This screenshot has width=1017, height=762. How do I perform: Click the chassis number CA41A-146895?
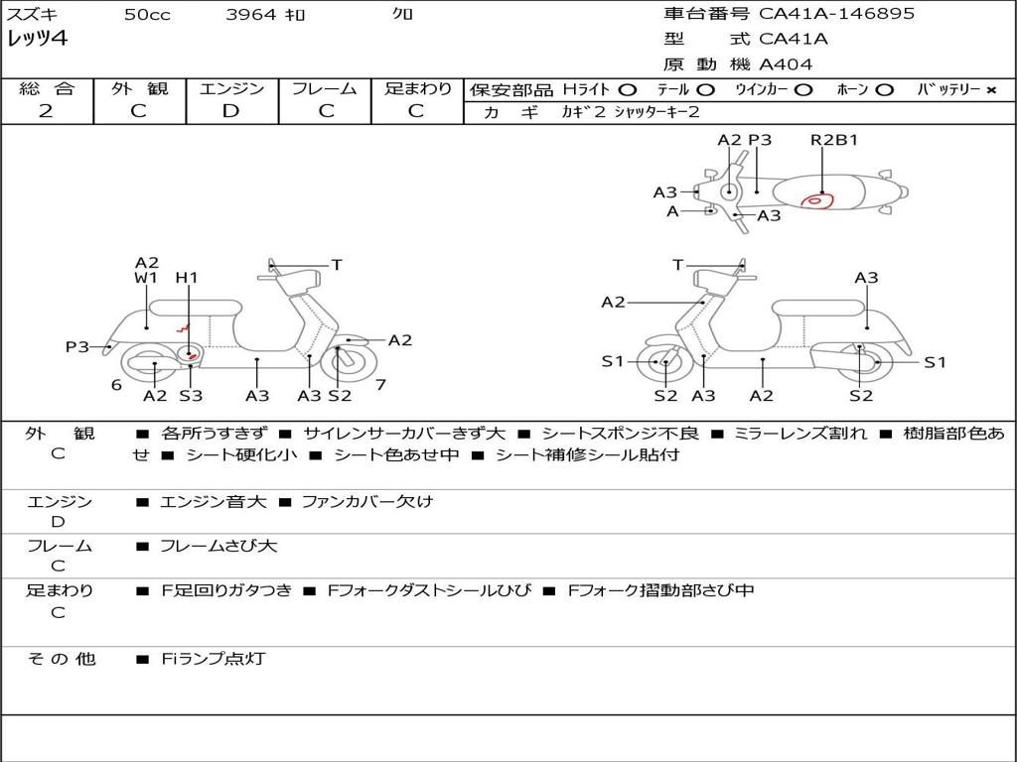(x=836, y=14)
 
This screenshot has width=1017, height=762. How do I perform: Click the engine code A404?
(x=786, y=64)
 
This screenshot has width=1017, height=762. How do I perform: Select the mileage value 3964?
(x=250, y=15)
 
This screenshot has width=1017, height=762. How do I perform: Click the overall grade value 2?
(x=46, y=111)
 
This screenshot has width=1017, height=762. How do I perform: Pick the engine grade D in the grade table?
(x=231, y=111)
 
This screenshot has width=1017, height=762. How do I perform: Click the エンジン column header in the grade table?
(x=231, y=89)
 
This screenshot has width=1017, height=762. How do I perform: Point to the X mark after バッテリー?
(x=990, y=90)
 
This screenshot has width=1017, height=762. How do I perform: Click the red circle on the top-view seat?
(x=816, y=201)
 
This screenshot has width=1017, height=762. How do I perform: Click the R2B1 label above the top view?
(x=834, y=140)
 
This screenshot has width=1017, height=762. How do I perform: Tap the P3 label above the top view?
(x=760, y=140)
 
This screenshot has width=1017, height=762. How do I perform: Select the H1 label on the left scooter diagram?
(x=187, y=278)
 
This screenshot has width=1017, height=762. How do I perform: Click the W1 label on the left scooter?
(x=146, y=278)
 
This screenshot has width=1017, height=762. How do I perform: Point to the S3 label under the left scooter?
(x=191, y=396)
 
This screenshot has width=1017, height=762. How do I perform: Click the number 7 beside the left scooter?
(x=380, y=384)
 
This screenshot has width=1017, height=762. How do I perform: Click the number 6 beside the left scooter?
(x=116, y=385)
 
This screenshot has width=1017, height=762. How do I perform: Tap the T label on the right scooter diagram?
(x=678, y=265)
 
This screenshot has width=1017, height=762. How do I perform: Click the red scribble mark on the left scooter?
(x=183, y=328)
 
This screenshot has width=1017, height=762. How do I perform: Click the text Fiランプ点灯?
(x=213, y=659)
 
